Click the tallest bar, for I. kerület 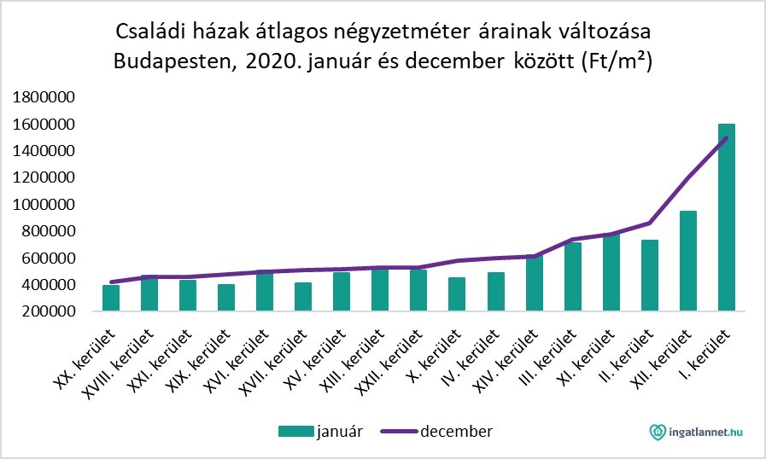[x=726, y=218]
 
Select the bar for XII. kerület [x=687, y=261]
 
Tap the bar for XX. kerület [x=111, y=298]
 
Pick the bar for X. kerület [x=457, y=294]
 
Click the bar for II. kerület [x=649, y=276]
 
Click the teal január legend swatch [x=296, y=432]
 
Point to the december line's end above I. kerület [x=726, y=137]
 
